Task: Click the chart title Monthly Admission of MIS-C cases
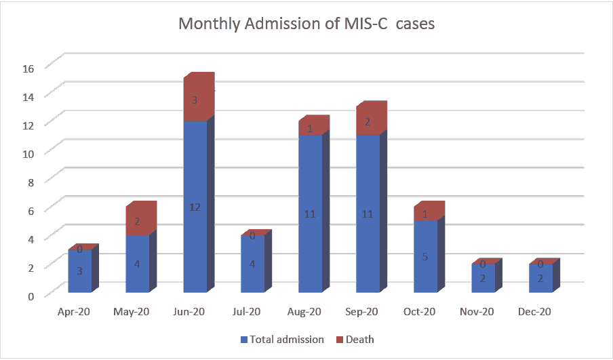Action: point(306,24)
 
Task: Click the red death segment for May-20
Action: point(137,221)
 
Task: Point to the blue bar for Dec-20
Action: point(540,279)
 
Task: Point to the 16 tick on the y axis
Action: point(28,68)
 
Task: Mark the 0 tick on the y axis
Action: point(31,296)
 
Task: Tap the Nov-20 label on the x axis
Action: point(483,313)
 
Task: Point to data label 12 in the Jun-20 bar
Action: point(195,207)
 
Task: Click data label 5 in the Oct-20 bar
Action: point(425,257)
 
